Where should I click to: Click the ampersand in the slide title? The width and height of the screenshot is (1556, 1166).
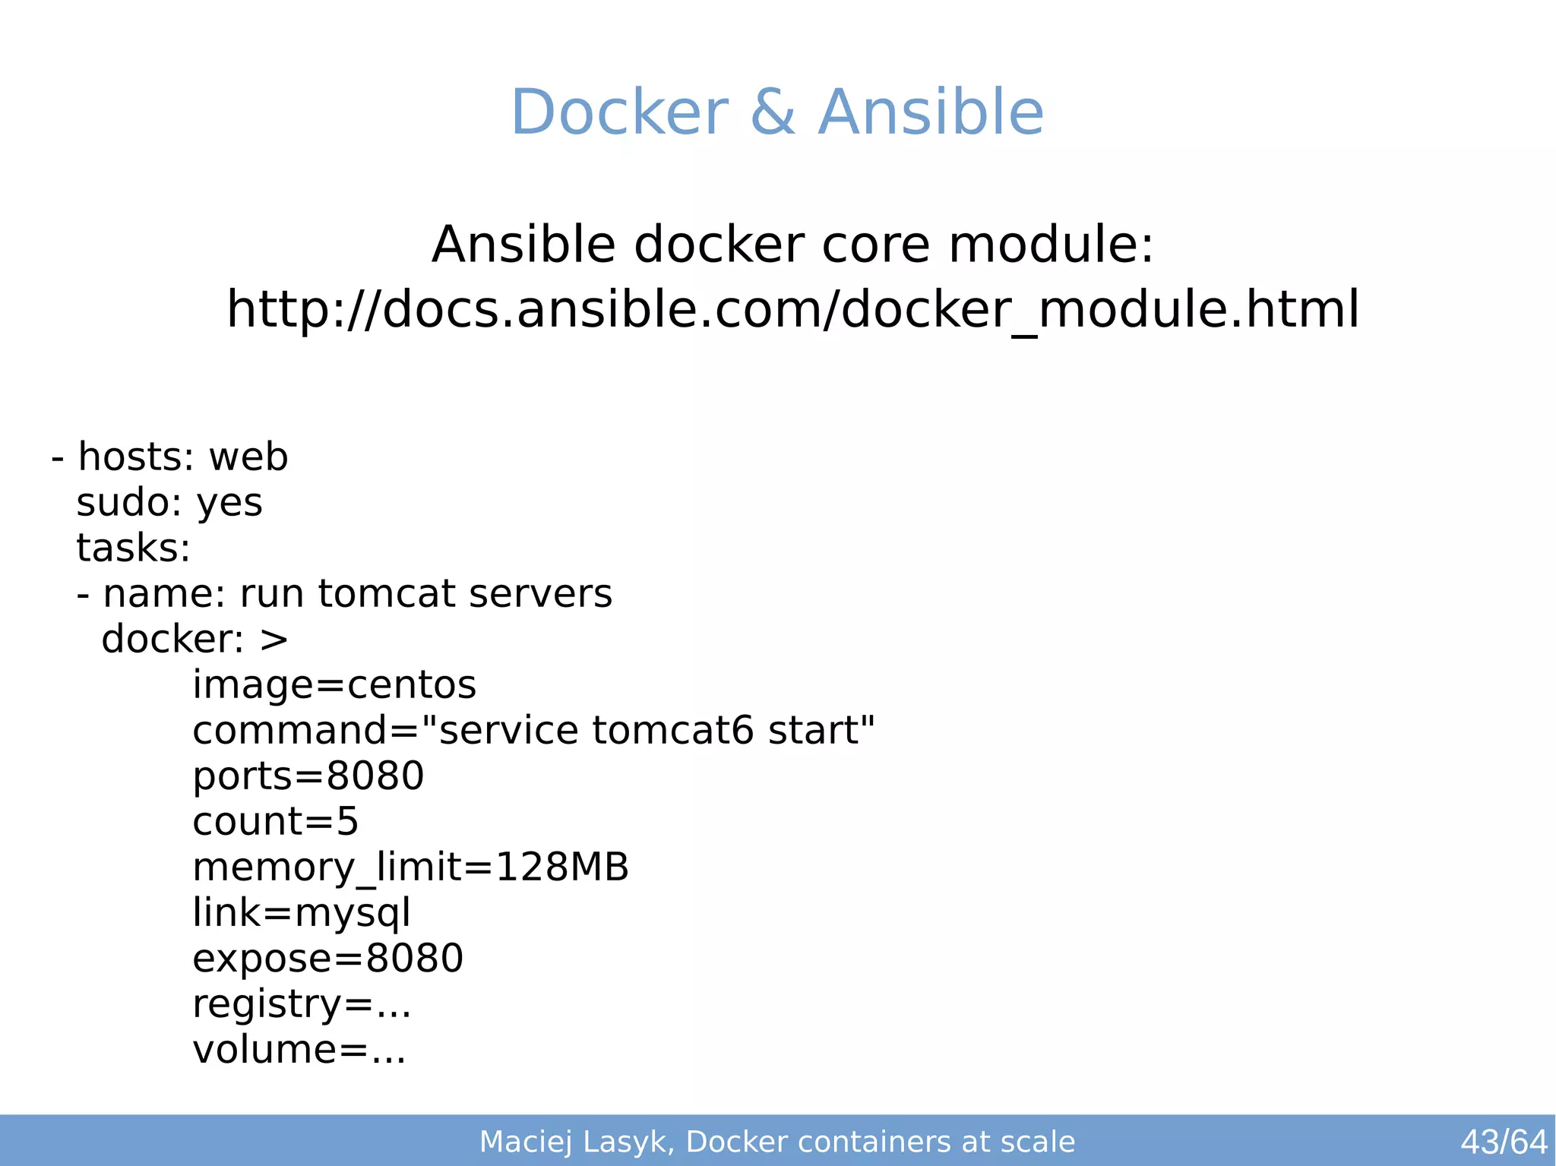point(773,112)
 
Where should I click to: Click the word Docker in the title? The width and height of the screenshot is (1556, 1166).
point(619,112)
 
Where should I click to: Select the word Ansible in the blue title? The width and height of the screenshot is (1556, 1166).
point(930,112)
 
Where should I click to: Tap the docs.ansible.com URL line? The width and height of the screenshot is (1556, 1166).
point(792,309)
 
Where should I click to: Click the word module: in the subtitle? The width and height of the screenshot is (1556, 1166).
point(1051,245)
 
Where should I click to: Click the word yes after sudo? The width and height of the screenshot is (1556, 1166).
point(229,504)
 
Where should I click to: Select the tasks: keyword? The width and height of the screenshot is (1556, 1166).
point(133,548)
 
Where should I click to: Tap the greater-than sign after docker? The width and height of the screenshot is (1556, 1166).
point(274,640)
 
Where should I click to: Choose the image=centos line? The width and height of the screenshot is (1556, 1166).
point(334,684)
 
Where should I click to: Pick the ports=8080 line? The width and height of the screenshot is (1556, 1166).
point(308,776)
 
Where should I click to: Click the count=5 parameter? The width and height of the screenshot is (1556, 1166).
point(275,821)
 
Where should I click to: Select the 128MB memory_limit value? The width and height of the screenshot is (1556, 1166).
point(561,867)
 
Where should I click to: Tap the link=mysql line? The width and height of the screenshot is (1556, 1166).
point(301,912)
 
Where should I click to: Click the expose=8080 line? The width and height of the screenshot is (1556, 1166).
point(327,958)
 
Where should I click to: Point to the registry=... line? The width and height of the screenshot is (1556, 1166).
point(301,1004)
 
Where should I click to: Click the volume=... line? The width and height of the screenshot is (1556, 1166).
point(299,1050)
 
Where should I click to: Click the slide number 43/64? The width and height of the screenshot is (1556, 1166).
point(1503,1142)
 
